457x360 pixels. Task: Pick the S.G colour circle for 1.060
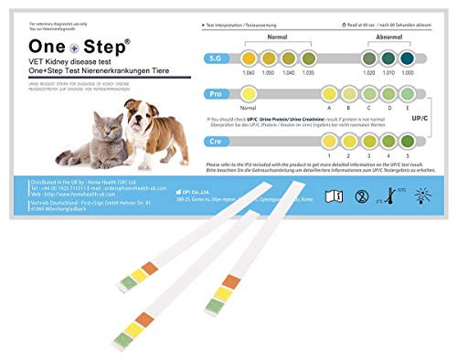point(248,58)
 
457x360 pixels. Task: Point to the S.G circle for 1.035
point(308,58)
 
